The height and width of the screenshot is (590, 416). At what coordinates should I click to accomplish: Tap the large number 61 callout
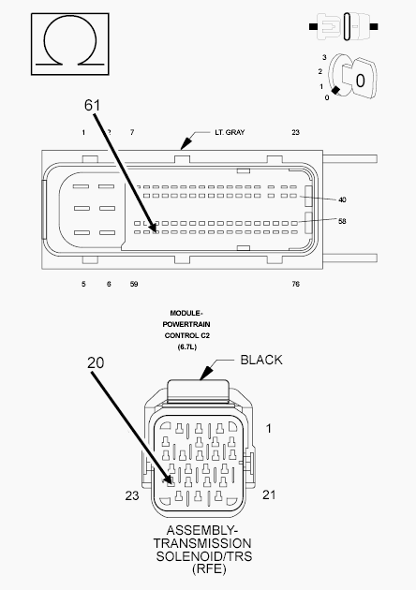pos(92,105)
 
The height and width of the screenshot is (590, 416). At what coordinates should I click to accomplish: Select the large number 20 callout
pos(96,362)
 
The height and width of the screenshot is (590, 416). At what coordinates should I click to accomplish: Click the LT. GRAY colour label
pos(230,132)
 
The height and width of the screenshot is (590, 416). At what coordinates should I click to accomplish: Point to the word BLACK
pos(261,361)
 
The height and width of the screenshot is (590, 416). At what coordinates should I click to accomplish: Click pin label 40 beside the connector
pos(342,199)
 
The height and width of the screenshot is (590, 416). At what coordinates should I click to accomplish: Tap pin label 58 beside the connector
pos(342,221)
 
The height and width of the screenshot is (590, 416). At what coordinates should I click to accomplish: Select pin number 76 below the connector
pos(295,284)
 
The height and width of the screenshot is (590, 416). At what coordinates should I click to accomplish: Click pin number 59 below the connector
pos(134,284)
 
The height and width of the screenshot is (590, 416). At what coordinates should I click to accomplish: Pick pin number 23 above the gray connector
pos(295,132)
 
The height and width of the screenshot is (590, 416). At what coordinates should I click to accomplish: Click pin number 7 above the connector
pos(132,132)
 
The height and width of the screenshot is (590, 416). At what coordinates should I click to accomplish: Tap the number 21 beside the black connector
pos(269,494)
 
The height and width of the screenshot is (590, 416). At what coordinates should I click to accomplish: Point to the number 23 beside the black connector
pos(132,495)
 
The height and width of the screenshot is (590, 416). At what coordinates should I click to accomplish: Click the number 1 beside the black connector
pos(268,428)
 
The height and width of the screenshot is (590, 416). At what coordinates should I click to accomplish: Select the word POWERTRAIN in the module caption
pos(186,324)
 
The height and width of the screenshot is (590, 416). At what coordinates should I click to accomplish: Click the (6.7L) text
pos(187,347)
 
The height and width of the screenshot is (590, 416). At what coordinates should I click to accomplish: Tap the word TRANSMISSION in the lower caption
pos(202,543)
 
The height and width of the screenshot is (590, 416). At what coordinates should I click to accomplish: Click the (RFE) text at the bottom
pos(209,569)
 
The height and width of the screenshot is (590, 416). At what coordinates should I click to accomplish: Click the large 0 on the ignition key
pos(361,81)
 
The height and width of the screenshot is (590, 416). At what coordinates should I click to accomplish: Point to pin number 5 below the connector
pos(83,284)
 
